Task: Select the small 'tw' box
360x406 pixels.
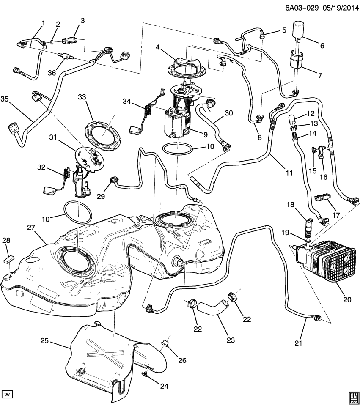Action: click(7, 394)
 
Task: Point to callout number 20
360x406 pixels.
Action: click(347, 299)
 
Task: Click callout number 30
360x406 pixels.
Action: click(228, 113)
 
